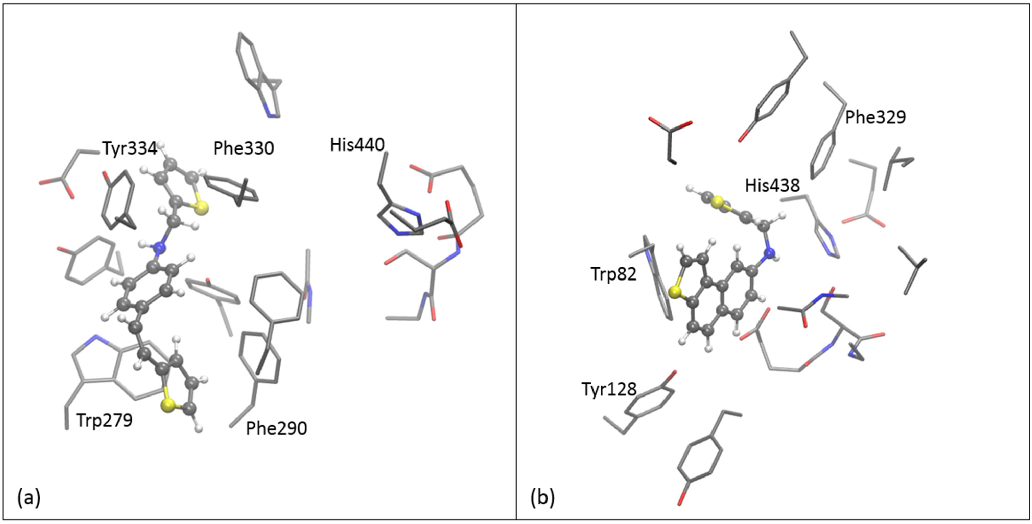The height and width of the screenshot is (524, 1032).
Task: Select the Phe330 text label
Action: click(244, 148)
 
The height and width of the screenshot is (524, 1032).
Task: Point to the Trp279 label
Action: click(104, 421)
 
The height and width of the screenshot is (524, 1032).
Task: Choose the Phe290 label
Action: click(276, 428)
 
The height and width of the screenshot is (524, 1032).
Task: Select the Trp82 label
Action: click(614, 274)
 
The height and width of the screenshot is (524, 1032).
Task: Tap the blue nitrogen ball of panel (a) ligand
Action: click(160, 248)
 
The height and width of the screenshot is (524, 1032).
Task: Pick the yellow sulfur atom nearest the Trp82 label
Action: click(675, 292)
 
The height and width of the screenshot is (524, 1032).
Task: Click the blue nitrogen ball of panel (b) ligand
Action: click(769, 253)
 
